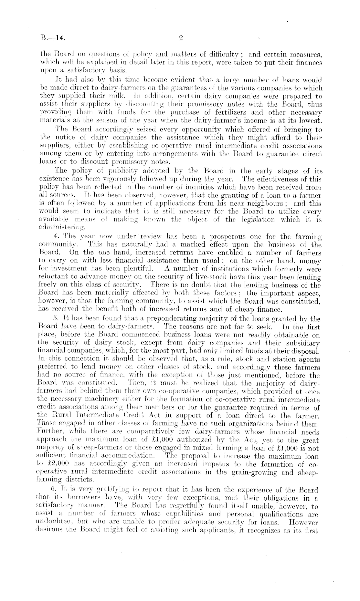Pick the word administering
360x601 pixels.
(59, 228)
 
